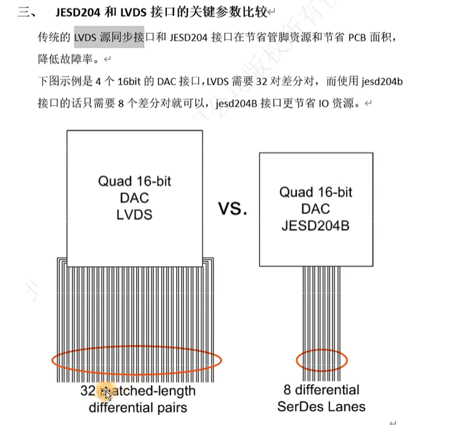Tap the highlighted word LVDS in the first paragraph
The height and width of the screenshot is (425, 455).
tap(86, 38)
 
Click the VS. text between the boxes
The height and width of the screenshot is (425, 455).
tap(232, 209)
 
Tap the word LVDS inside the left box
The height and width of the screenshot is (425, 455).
tap(134, 215)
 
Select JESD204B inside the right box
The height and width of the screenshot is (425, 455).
tap(316, 226)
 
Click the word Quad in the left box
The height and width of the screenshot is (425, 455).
tap(115, 181)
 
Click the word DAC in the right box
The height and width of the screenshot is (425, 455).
tap(316, 209)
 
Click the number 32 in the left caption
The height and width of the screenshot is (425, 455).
tap(87, 391)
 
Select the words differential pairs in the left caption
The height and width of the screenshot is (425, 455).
tap(138, 408)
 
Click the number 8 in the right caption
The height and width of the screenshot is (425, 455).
tap(288, 390)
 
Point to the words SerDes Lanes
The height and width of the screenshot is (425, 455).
tap(321, 406)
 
